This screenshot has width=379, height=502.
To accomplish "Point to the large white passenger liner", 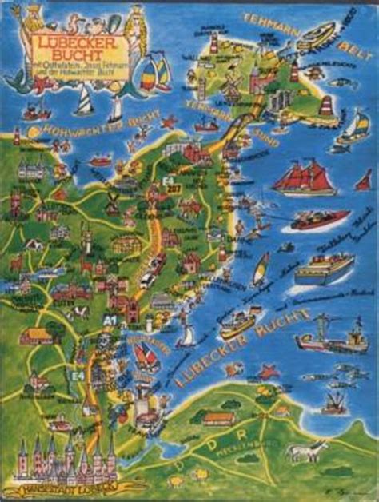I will (323, 269).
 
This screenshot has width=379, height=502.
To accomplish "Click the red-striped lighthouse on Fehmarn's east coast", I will (327, 105).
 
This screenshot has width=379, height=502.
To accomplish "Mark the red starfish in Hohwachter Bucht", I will (168, 122).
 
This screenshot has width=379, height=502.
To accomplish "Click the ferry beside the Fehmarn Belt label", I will (317, 35).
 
